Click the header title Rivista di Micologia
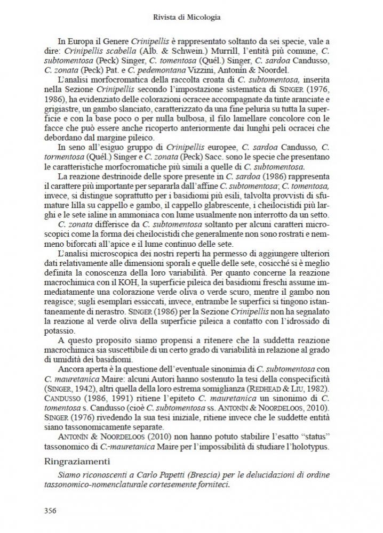pyautogui.click(x=191, y=17)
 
